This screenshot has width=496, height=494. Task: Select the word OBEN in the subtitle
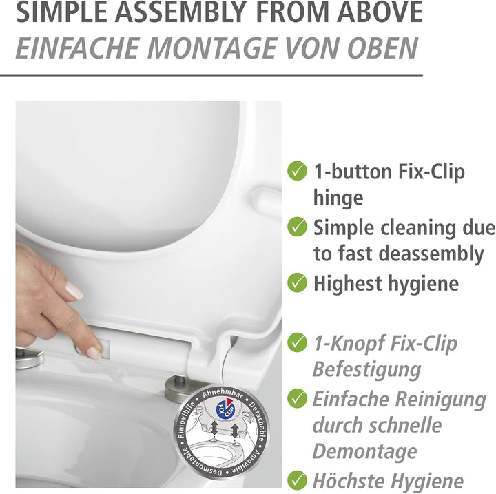[383, 48]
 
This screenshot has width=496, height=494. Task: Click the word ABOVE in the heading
[380, 12]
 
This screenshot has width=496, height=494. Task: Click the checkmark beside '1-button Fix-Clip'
[297, 171]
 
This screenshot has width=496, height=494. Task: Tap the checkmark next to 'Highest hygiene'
[297, 282]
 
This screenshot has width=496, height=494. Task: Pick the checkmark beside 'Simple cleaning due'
[297, 227]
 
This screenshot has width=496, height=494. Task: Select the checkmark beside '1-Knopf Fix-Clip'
[297, 342]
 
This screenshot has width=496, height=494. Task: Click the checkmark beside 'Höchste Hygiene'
[297, 480]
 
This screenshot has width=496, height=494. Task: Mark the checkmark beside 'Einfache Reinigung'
[297, 398]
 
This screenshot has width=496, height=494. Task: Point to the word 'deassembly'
[431, 254]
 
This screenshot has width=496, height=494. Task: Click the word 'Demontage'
[364, 451]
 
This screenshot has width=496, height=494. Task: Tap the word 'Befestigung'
[366, 369]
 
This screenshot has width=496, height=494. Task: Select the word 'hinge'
[338, 198]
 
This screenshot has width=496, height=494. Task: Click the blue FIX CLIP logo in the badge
[225, 409]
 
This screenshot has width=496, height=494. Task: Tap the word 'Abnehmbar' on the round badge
[223, 394]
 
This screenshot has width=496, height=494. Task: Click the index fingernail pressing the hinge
[94, 353]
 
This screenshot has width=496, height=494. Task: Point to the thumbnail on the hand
[74, 291]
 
